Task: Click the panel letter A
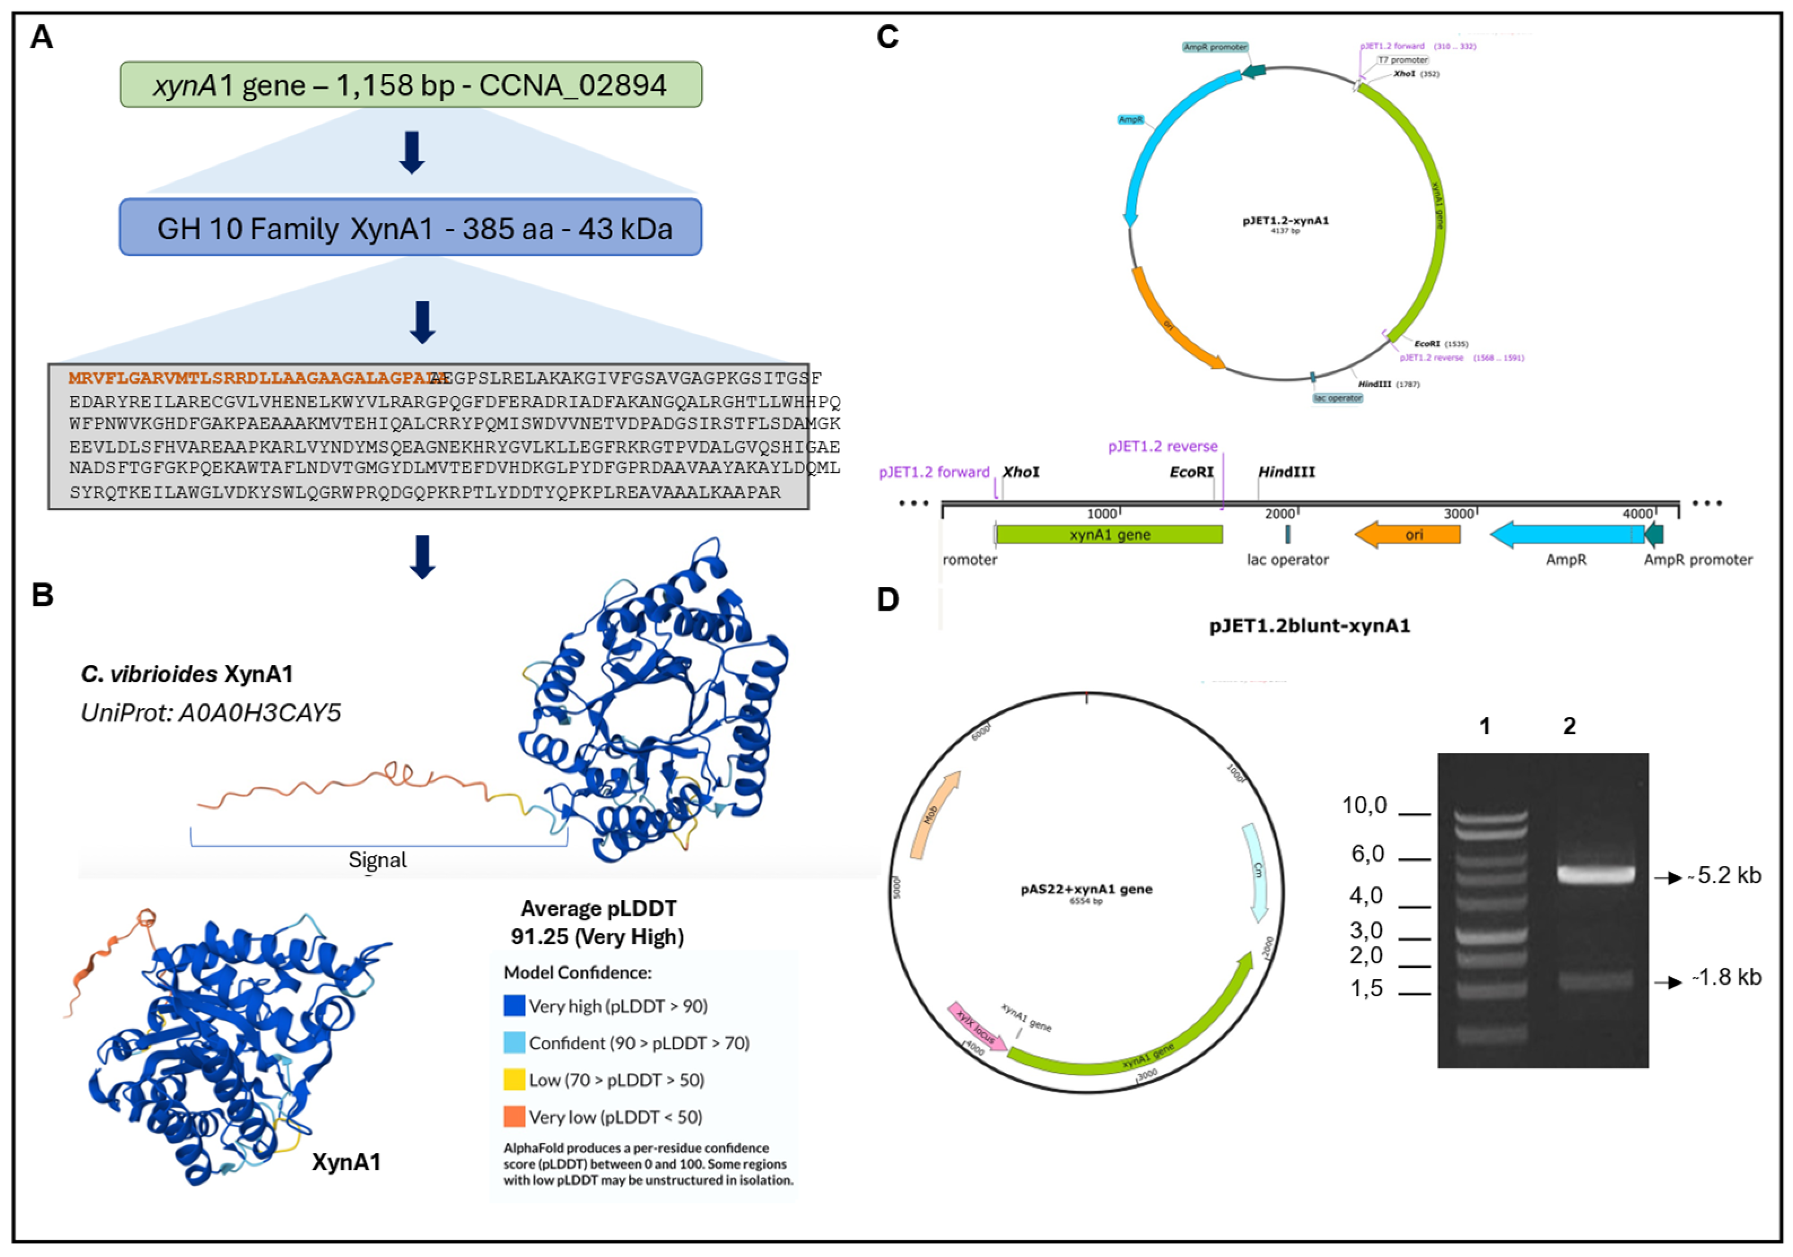coord(41,37)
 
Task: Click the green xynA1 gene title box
coord(411,84)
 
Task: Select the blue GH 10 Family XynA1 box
coord(411,227)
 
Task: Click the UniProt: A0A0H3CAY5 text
coord(211,712)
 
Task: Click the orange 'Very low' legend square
coord(514,1116)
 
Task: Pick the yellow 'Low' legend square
coord(514,1080)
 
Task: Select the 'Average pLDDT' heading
coord(598,908)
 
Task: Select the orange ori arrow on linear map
coord(1407,534)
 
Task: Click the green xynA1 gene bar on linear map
coord(1109,534)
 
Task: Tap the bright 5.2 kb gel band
coord(1595,873)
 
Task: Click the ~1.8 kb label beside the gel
coord(1726,977)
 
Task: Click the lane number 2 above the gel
coord(1569,726)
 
